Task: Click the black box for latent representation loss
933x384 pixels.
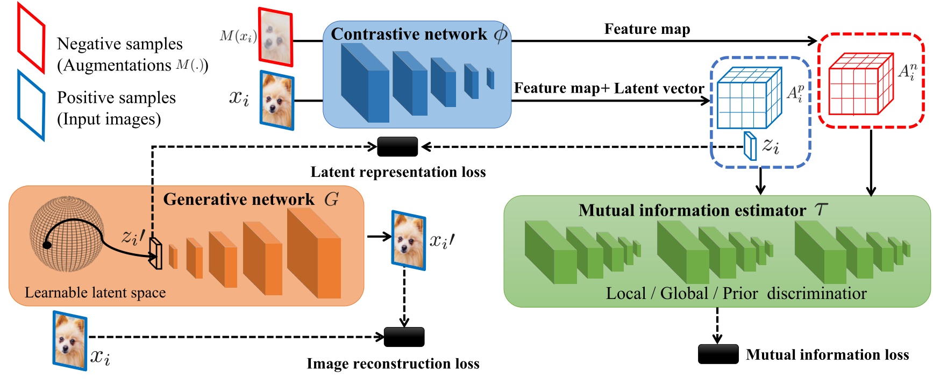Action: click(x=397, y=147)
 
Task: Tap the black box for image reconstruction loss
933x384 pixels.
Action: click(x=404, y=337)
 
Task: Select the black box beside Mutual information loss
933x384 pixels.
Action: click(x=718, y=354)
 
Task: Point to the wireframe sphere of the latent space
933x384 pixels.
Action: click(x=67, y=233)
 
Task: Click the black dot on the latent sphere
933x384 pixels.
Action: click(x=47, y=245)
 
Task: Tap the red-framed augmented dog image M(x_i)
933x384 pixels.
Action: click(x=276, y=37)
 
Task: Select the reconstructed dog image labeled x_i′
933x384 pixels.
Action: click(x=409, y=240)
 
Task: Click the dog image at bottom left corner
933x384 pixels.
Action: click(x=70, y=341)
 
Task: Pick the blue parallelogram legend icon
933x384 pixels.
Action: click(x=31, y=105)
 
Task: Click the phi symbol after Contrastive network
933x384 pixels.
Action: click(x=500, y=35)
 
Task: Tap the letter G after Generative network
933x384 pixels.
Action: click(x=331, y=200)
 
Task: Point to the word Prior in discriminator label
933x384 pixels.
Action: click(x=740, y=294)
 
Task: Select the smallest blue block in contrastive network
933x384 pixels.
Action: click(x=490, y=79)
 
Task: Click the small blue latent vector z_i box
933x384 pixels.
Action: click(x=750, y=146)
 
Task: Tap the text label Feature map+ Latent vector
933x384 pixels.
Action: click(x=609, y=89)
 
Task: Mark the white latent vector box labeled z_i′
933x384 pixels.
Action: click(x=156, y=253)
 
